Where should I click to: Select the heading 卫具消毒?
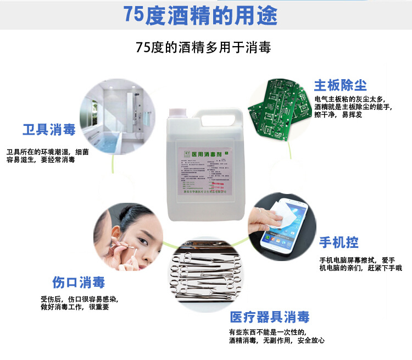[x=49, y=130]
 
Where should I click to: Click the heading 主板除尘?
[x=340, y=85]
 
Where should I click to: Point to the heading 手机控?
[x=339, y=242]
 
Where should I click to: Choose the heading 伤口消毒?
[x=78, y=283]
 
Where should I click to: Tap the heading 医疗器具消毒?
[x=269, y=317]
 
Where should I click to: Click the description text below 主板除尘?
[x=353, y=107]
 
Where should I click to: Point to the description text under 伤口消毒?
[x=79, y=303]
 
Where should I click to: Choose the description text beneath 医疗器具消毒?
[x=277, y=336]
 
